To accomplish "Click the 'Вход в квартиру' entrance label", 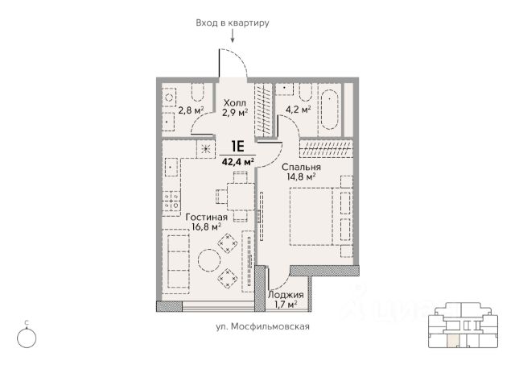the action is (x=233, y=23).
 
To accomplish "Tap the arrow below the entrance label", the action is (x=233, y=35).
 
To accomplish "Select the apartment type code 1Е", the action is (x=237, y=147).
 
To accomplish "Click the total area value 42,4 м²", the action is (x=237, y=162).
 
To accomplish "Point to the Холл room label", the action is (x=234, y=103).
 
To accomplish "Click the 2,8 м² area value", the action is (x=191, y=110).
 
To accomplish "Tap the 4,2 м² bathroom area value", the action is (x=299, y=109).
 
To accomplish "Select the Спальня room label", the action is (x=301, y=167).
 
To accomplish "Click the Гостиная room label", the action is (x=206, y=217).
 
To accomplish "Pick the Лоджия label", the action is (x=286, y=295).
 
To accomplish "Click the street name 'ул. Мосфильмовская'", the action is (x=262, y=326).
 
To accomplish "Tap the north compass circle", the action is (x=27, y=338).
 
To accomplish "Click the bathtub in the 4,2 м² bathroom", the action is (x=330, y=109).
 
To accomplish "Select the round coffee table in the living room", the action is (x=209, y=260).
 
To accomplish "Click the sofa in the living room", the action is (x=178, y=261).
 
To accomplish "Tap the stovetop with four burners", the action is (x=171, y=201).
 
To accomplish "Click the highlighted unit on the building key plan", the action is (x=453, y=341).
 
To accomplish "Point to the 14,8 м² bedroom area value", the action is (x=299, y=177).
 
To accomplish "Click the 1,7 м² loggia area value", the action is (x=286, y=305).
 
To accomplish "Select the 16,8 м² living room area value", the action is (x=206, y=226).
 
